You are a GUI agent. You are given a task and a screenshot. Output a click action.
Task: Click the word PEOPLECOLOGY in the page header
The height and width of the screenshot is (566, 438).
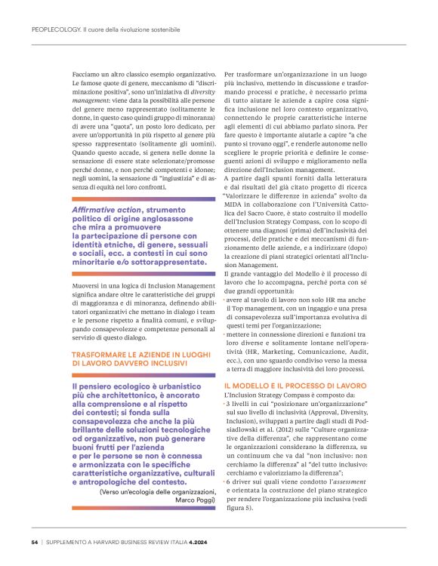(56, 29)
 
